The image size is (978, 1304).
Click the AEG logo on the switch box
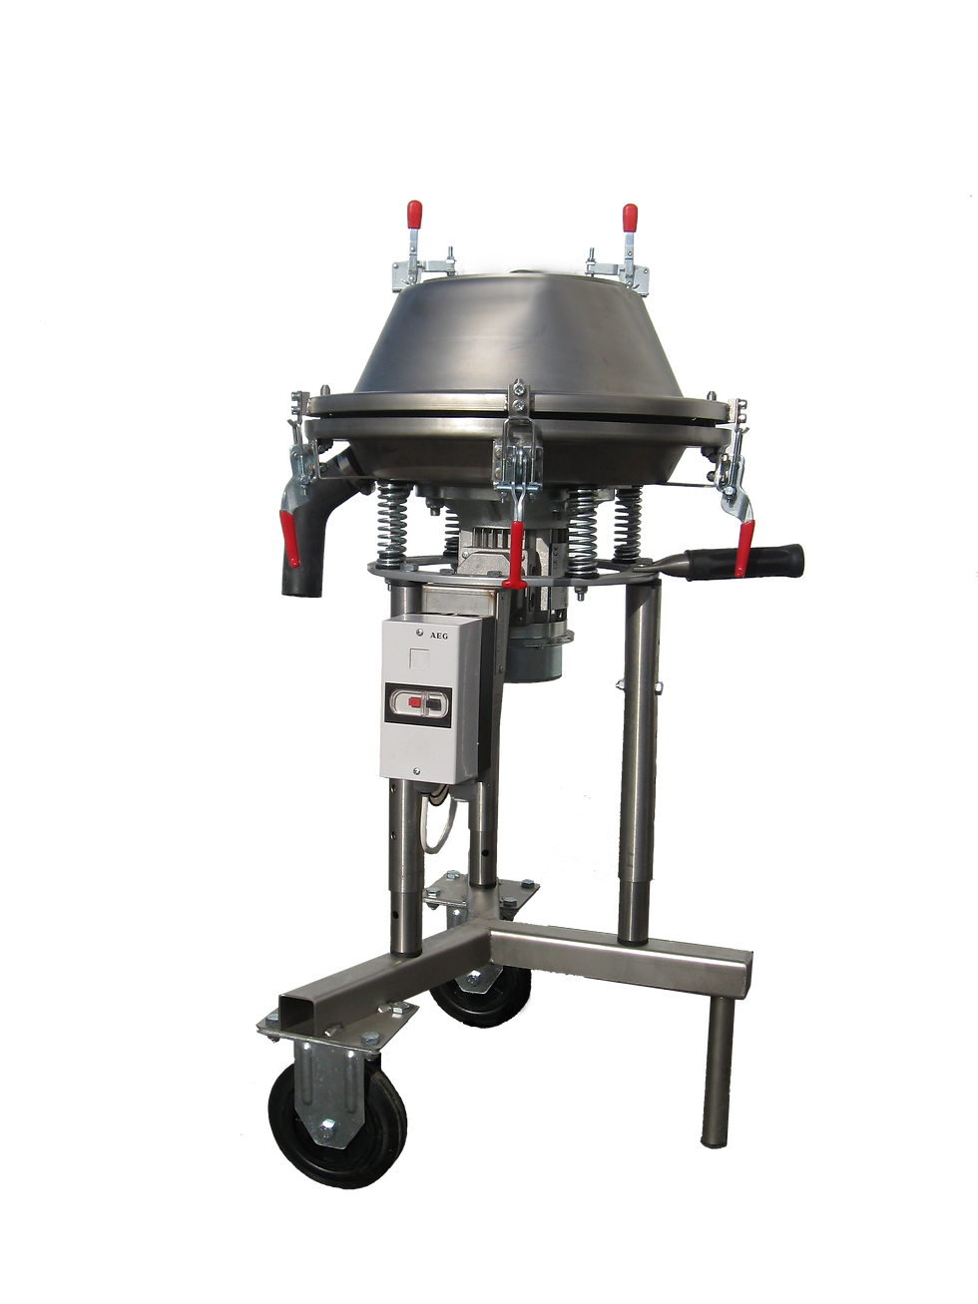[x=439, y=636]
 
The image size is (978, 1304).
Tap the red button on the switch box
[x=413, y=704]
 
